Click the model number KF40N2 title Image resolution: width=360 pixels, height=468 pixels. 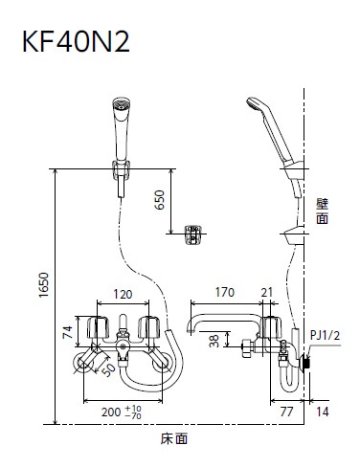click(x=76, y=42)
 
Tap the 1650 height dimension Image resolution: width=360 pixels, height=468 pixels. click(x=44, y=285)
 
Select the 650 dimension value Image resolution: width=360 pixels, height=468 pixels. click(x=159, y=200)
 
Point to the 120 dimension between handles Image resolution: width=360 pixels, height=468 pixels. click(x=123, y=294)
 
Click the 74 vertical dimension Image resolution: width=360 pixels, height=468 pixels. click(x=68, y=331)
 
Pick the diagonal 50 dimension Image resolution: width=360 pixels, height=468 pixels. click(x=108, y=369)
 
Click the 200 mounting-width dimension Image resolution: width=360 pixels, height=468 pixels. click(x=122, y=412)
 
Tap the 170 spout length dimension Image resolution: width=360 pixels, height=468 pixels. click(x=225, y=292)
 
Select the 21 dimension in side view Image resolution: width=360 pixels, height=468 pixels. click(x=267, y=292)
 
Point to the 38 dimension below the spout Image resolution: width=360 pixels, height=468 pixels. click(x=215, y=341)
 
